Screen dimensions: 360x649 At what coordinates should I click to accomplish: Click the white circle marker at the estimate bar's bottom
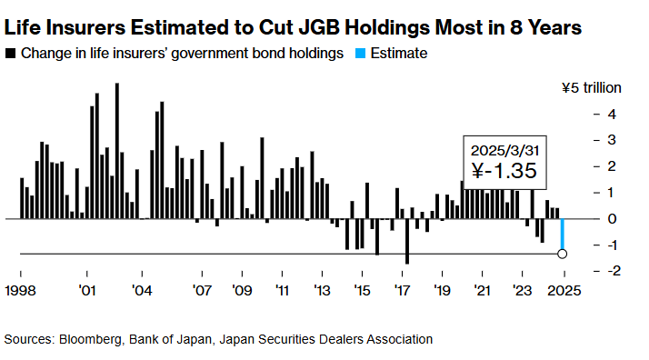pyautogui.click(x=563, y=254)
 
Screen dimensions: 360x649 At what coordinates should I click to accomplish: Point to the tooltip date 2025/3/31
pyautogui.click(x=504, y=149)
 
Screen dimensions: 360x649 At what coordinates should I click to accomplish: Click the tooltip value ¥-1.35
pyautogui.click(x=504, y=171)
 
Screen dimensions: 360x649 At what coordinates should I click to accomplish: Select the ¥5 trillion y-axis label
pyautogui.click(x=592, y=88)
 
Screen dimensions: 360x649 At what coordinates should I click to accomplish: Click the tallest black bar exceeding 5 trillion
pyautogui.click(x=116, y=151)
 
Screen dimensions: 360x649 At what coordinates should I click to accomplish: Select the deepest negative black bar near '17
pyautogui.click(x=406, y=241)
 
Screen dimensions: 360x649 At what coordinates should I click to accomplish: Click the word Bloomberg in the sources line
pyautogui.click(x=93, y=339)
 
